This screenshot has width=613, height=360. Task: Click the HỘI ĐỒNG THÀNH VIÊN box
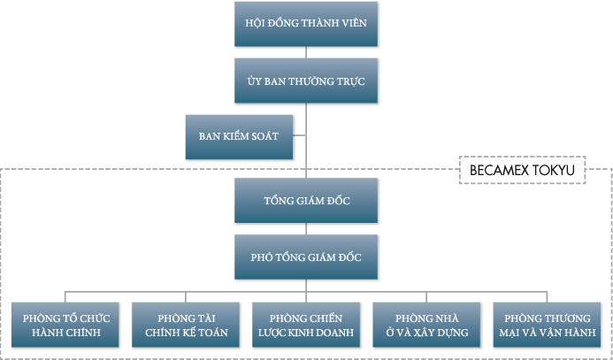tap(305, 24)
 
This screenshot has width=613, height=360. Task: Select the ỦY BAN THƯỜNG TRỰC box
tap(305, 80)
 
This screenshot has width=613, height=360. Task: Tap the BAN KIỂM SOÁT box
tap(239, 136)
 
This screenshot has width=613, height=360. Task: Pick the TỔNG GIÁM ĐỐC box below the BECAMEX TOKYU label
tap(305, 201)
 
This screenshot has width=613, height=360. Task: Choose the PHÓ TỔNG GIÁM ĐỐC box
tap(305, 257)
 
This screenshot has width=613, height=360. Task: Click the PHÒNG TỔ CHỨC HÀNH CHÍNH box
tap(63, 325)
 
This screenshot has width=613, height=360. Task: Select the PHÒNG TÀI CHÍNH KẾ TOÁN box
tap(185, 325)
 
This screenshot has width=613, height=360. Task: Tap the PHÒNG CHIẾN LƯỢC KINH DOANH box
tap(306, 325)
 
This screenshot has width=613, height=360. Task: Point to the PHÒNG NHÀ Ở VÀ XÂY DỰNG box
tap(426, 325)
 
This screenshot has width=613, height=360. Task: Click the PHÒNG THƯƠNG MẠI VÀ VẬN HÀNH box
tap(548, 325)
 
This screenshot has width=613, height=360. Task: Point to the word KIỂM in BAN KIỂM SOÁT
tap(238, 136)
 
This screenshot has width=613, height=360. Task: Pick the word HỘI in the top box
tap(257, 24)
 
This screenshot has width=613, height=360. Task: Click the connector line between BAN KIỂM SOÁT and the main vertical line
tap(299, 136)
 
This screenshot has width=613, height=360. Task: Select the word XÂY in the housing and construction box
tap(429, 333)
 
